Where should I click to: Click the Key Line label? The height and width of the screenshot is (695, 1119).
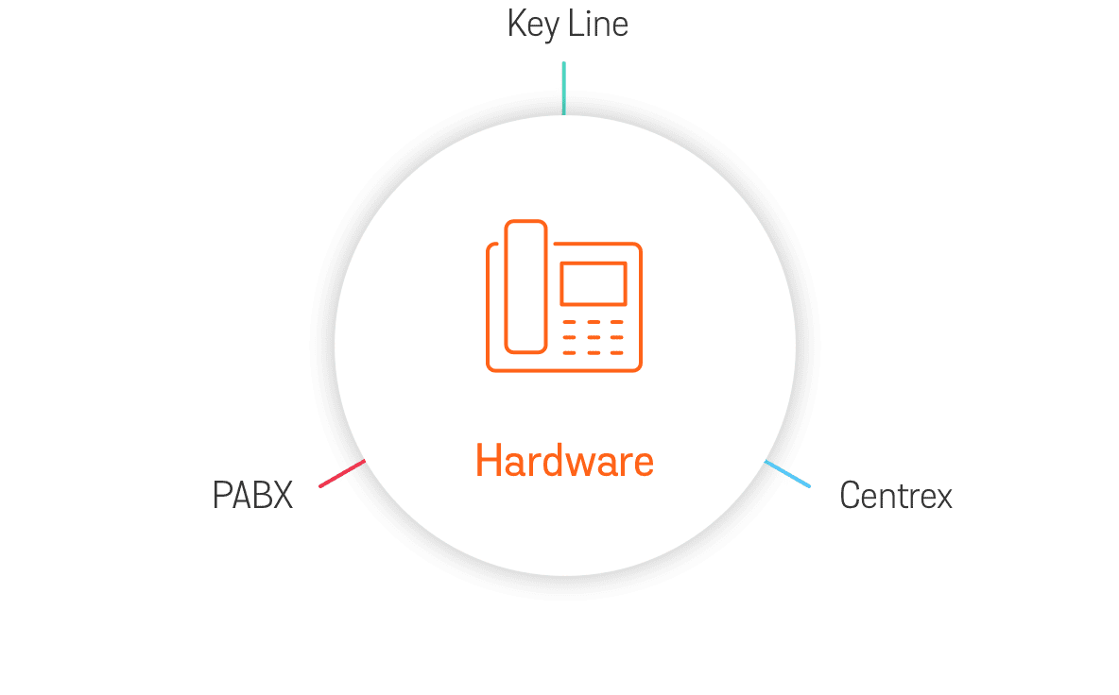pyautogui.click(x=567, y=25)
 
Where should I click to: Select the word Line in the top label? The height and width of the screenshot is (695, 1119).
pyautogui.click(x=597, y=25)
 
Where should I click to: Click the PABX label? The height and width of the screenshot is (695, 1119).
pyautogui.click(x=253, y=495)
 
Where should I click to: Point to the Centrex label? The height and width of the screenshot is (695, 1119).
pyautogui.click(x=896, y=496)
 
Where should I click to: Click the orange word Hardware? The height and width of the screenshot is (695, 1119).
pyautogui.click(x=564, y=462)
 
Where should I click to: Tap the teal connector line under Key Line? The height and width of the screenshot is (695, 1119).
pyautogui.click(x=564, y=88)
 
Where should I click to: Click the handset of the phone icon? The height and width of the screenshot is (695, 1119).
pyautogui.click(x=525, y=286)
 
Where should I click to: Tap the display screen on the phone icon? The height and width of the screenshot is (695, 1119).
pyautogui.click(x=594, y=283)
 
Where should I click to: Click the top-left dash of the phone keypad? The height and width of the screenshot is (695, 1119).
pyautogui.click(x=570, y=322)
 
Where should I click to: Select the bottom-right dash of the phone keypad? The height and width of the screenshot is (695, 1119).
pyautogui.click(x=617, y=352)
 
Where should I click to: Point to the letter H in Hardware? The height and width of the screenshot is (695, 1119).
pyautogui.click(x=488, y=462)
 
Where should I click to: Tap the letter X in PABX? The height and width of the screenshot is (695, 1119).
pyautogui.click(x=282, y=495)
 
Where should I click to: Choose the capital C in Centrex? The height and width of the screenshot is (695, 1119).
pyautogui.click(x=851, y=496)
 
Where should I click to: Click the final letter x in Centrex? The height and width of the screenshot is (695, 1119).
pyautogui.click(x=943, y=498)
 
